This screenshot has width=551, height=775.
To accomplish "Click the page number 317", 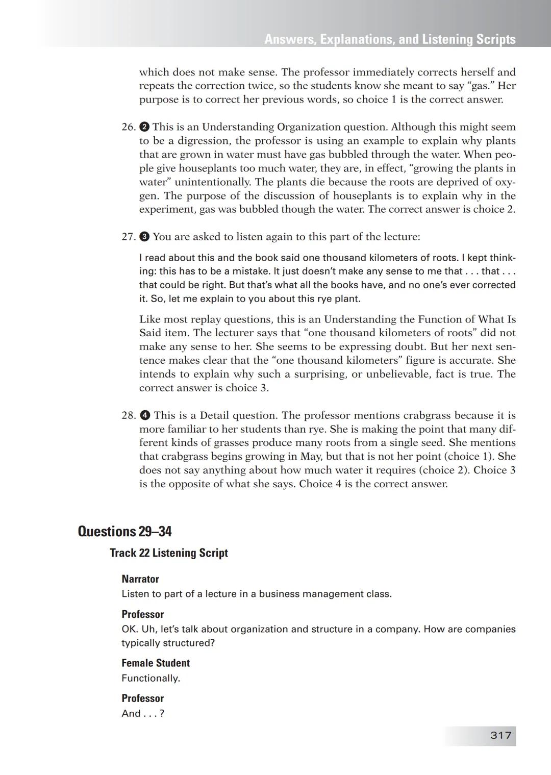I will (500, 735).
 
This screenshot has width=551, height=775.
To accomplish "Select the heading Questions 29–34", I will (124, 532).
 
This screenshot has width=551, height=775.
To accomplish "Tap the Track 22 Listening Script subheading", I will (168, 553).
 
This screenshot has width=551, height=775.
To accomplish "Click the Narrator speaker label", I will (140, 579).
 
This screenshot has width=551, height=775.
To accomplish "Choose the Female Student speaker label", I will (156, 663).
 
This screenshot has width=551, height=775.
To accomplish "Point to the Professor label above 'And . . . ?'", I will (142, 698).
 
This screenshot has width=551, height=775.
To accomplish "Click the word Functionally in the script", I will (151, 679).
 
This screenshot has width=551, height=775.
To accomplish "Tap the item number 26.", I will (128, 127).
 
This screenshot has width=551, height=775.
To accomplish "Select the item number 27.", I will (128, 237).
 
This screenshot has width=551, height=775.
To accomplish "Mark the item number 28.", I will (128, 416).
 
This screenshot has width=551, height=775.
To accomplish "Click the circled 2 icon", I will (144, 127).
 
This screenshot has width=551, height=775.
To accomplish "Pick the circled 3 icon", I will (144, 237).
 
